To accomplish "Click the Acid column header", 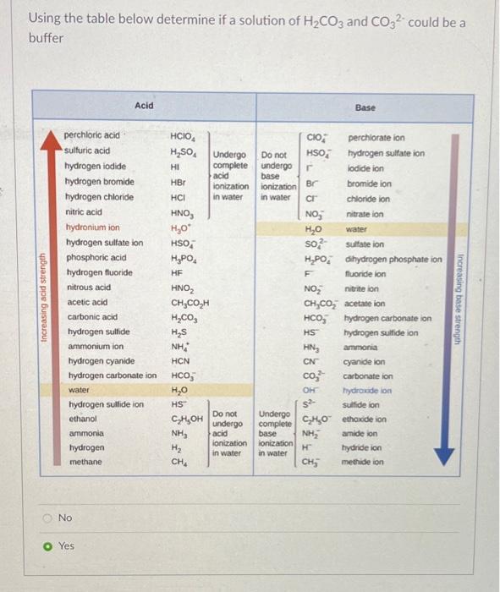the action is click(x=144, y=105).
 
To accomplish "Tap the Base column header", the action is click(x=365, y=107).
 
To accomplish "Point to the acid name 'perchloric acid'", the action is click(x=92, y=134).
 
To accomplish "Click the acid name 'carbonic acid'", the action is click(x=90, y=317).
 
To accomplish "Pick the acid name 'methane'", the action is click(x=85, y=463).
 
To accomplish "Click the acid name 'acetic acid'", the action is click(x=87, y=302).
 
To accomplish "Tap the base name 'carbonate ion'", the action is click(x=368, y=376).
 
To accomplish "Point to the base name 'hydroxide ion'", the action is click(x=368, y=392).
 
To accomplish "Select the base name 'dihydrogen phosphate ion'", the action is click(x=393, y=259).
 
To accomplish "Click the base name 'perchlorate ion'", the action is click(x=376, y=137).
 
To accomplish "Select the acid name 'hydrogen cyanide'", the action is click(x=97, y=360).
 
